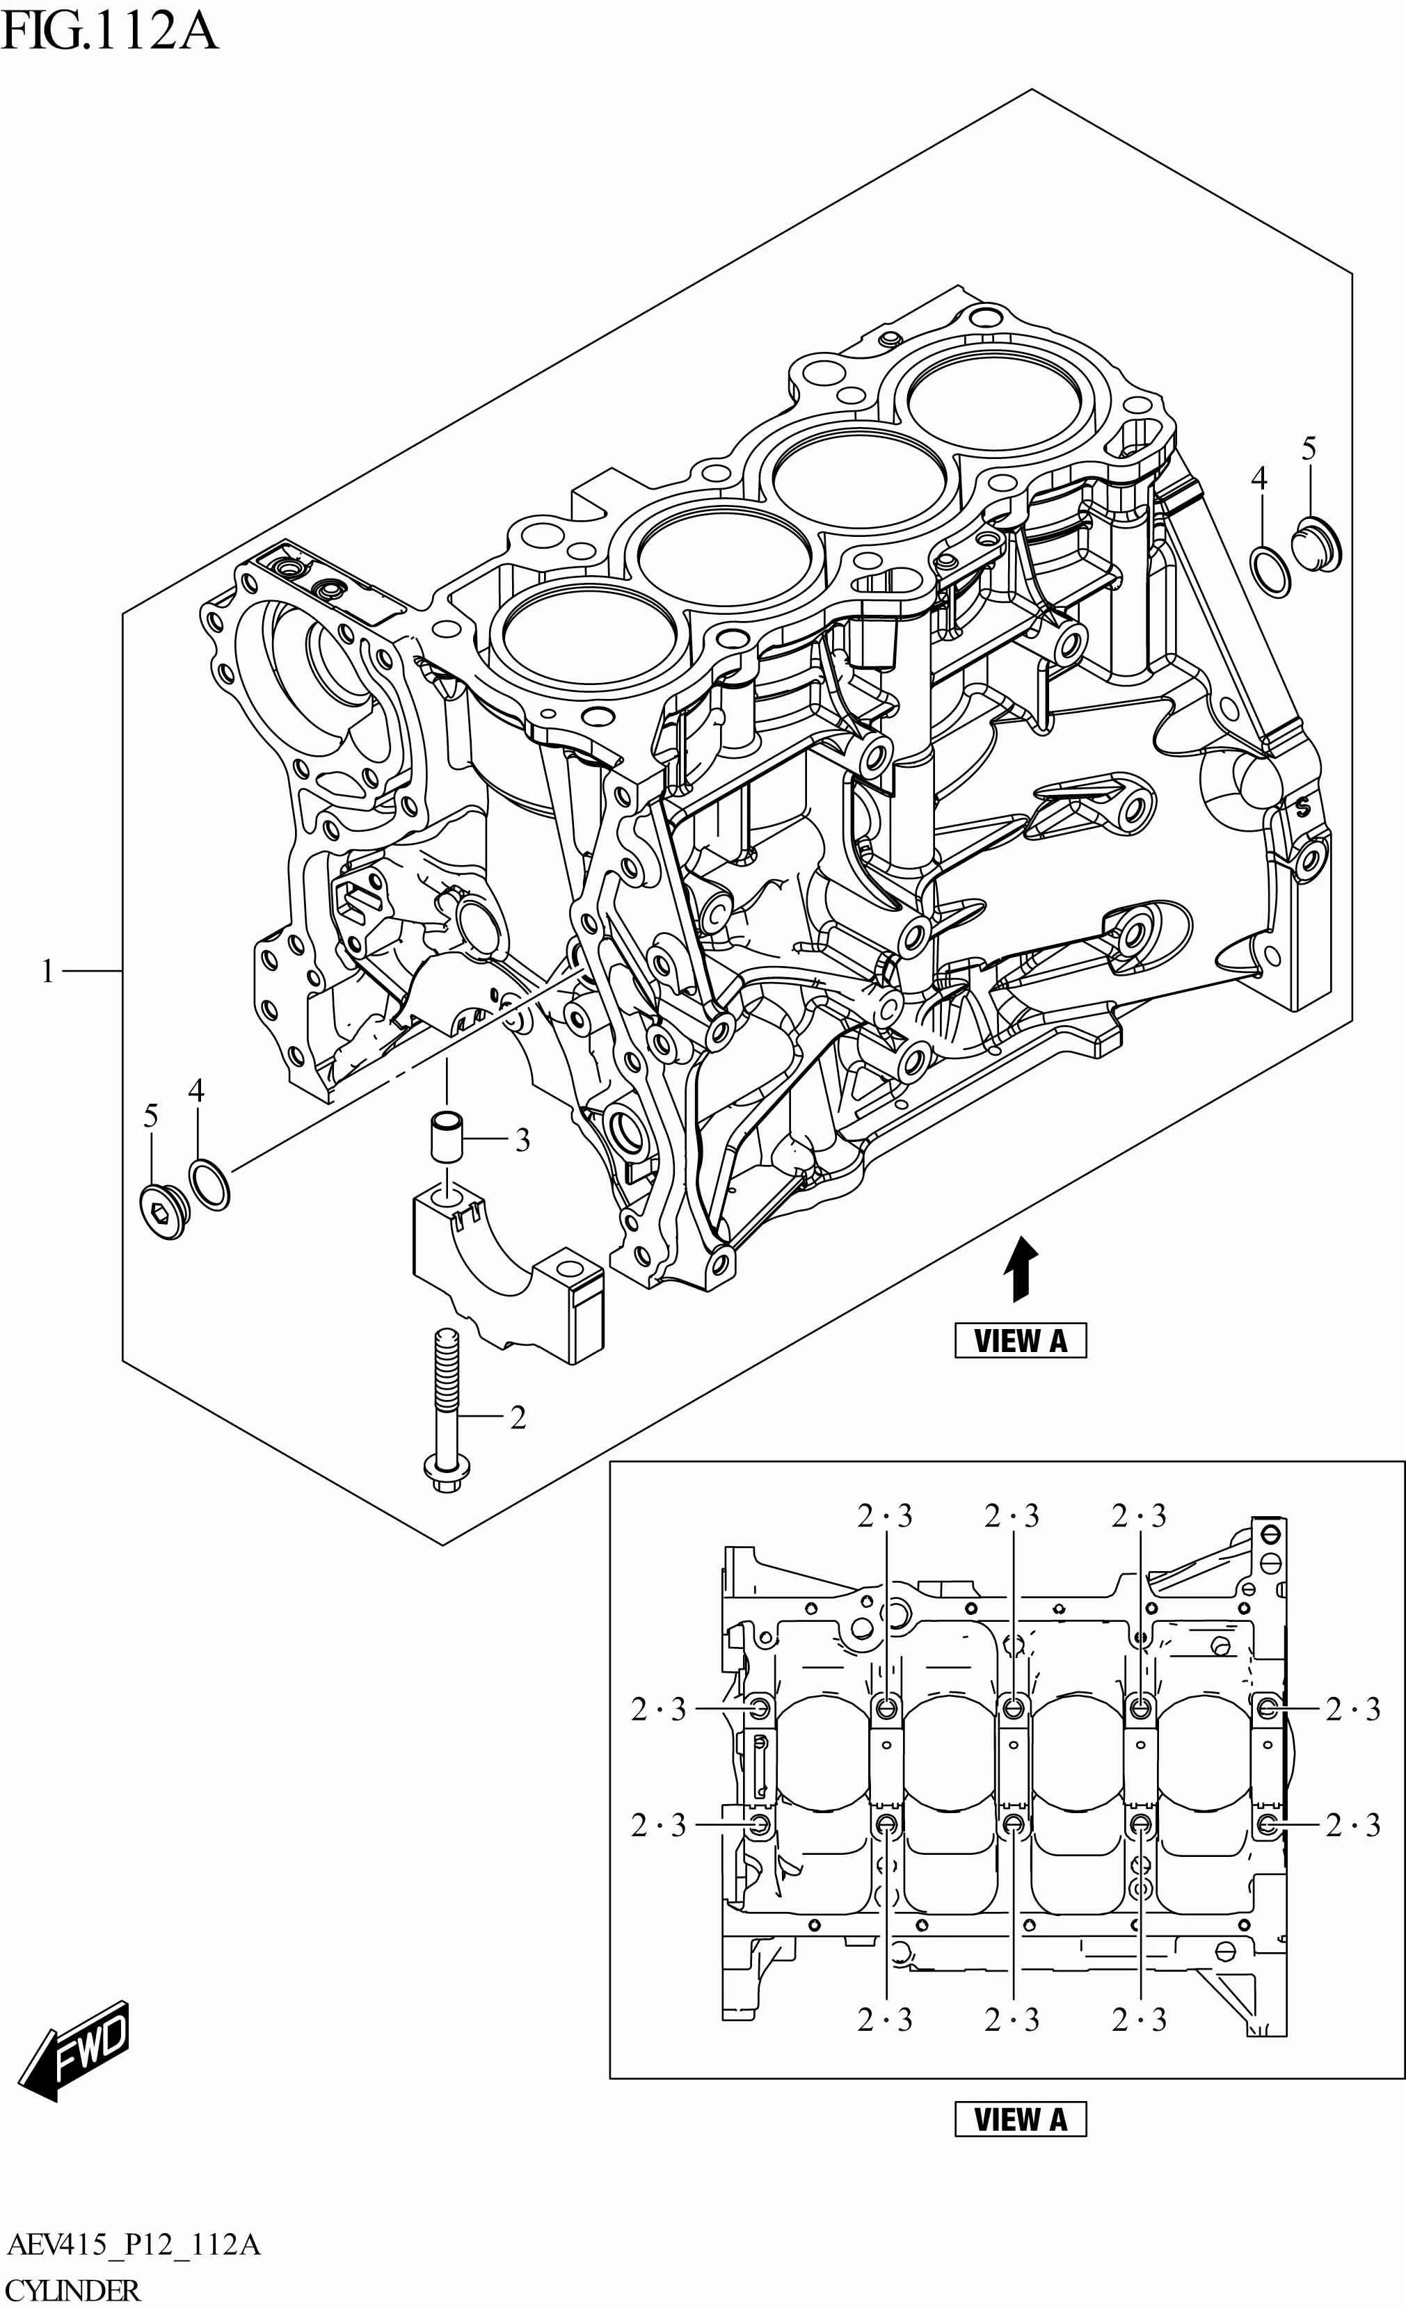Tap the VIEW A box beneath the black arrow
point(1020,1341)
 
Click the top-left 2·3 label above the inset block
point(884,1516)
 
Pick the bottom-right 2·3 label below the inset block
point(1139,2020)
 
